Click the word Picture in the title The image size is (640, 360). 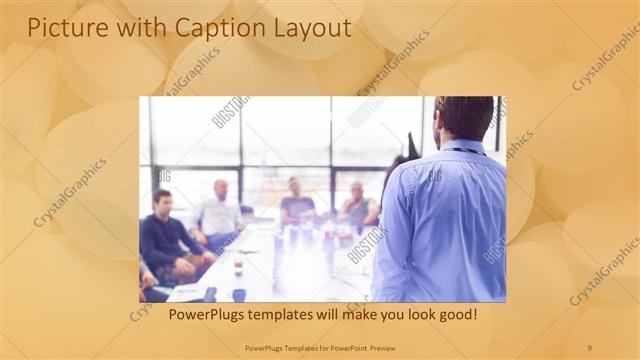pos(63,28)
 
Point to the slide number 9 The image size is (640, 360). pos(589,347)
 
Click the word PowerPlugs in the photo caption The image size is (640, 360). pos(208,314)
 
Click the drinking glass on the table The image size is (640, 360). pos(237,265)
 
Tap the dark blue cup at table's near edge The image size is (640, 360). pos(239,295)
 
